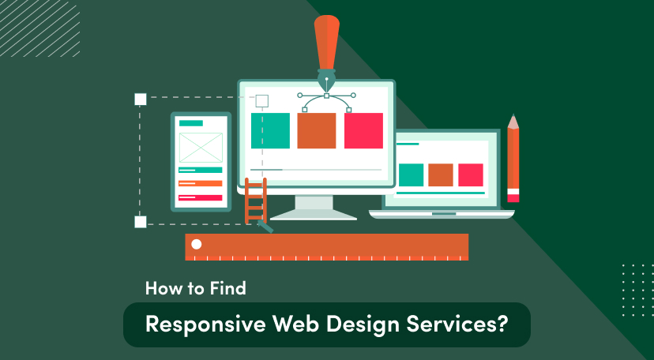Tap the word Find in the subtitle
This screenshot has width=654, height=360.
tap(227, 289)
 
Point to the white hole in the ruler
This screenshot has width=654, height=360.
tap(197, 244)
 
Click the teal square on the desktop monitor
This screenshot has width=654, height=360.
tap(270, 130)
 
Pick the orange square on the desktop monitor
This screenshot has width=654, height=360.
tap(317, 130)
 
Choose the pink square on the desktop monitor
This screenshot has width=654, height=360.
tap(363, 130)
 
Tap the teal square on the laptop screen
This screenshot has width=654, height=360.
tap(411, 174)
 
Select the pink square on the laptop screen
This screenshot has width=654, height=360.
tap(471, 174)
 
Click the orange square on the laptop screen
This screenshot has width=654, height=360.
tap(441, 174)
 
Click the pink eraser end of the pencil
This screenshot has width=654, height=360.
tap(513, 196)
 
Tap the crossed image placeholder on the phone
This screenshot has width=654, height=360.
tap(201, 148)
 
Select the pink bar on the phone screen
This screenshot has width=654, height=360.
tap(201, 197)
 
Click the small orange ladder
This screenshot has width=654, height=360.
tap(255, 202)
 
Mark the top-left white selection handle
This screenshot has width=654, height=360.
tap(141, 99)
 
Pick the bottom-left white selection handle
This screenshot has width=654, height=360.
tap(141, 222)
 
